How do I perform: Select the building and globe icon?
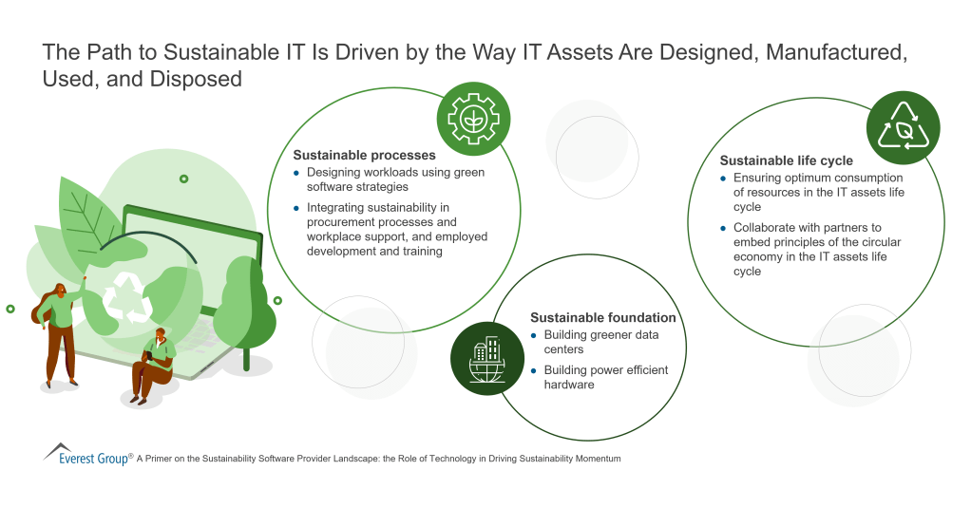[486, 358]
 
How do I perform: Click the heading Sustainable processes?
[364, 155]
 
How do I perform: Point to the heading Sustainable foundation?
[602, 317]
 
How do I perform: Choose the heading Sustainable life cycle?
[786, 160]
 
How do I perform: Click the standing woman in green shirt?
[60, 332]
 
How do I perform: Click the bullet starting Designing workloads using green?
[395, 179]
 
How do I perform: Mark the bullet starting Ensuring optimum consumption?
[817, 192]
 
